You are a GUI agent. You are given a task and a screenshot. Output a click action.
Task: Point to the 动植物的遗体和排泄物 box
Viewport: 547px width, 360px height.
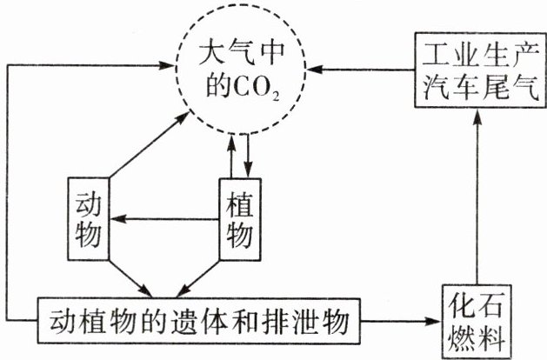point(195,323)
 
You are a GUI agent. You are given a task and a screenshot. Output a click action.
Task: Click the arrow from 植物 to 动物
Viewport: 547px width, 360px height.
point(165,218)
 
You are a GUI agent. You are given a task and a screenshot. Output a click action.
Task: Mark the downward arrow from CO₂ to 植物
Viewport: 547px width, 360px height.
point(247,157)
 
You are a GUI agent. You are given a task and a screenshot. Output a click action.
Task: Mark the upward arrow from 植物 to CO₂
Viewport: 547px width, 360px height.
point(231,157)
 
